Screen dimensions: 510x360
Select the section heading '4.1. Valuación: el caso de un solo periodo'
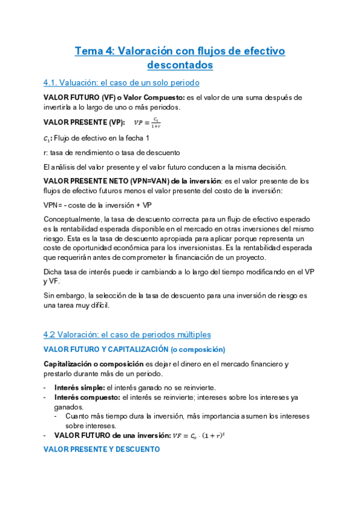click(x=121, y=82)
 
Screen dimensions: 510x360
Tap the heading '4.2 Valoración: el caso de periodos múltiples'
click(x=127, y=334)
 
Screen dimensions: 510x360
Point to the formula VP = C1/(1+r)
click(x=147, y=123)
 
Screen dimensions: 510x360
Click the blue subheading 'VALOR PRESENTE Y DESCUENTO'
click(x=102, y=449)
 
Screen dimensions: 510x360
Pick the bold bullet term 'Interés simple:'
click(x=75, y=387)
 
